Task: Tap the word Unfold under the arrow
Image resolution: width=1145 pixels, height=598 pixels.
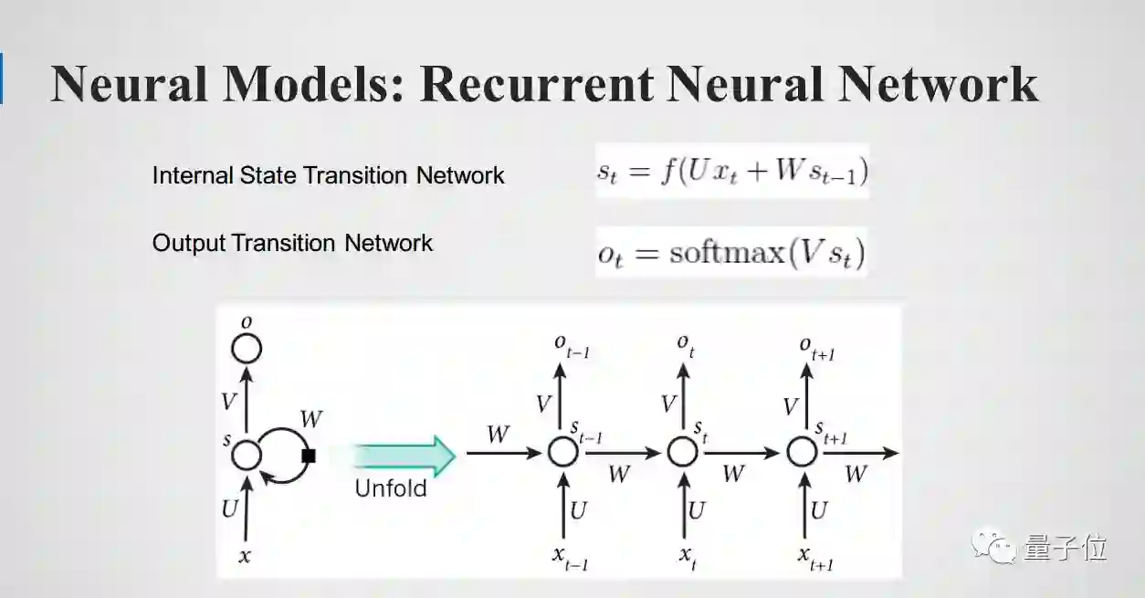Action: pos(391,488)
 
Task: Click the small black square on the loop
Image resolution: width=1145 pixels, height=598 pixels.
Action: pos(309,455)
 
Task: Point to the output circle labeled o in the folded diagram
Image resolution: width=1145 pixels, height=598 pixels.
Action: pos(246,348)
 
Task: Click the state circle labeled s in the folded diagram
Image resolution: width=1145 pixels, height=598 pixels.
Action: pos(246,454)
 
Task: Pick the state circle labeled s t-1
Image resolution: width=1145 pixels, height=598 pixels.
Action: pos(562,452)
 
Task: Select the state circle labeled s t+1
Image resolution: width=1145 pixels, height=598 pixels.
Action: pos(802,452)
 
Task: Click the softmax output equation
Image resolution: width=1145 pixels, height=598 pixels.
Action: pos(730,253)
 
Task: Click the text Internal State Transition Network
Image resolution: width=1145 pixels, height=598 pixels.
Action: pos(328,175)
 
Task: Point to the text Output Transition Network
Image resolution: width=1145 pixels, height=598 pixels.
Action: pos(292,243)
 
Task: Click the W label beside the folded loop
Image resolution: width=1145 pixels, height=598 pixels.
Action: pos(310,421)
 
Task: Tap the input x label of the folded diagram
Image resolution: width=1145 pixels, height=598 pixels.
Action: pos(244,555)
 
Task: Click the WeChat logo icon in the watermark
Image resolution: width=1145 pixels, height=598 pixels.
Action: pos(993,548)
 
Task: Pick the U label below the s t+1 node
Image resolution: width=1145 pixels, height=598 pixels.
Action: pos(818,510)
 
